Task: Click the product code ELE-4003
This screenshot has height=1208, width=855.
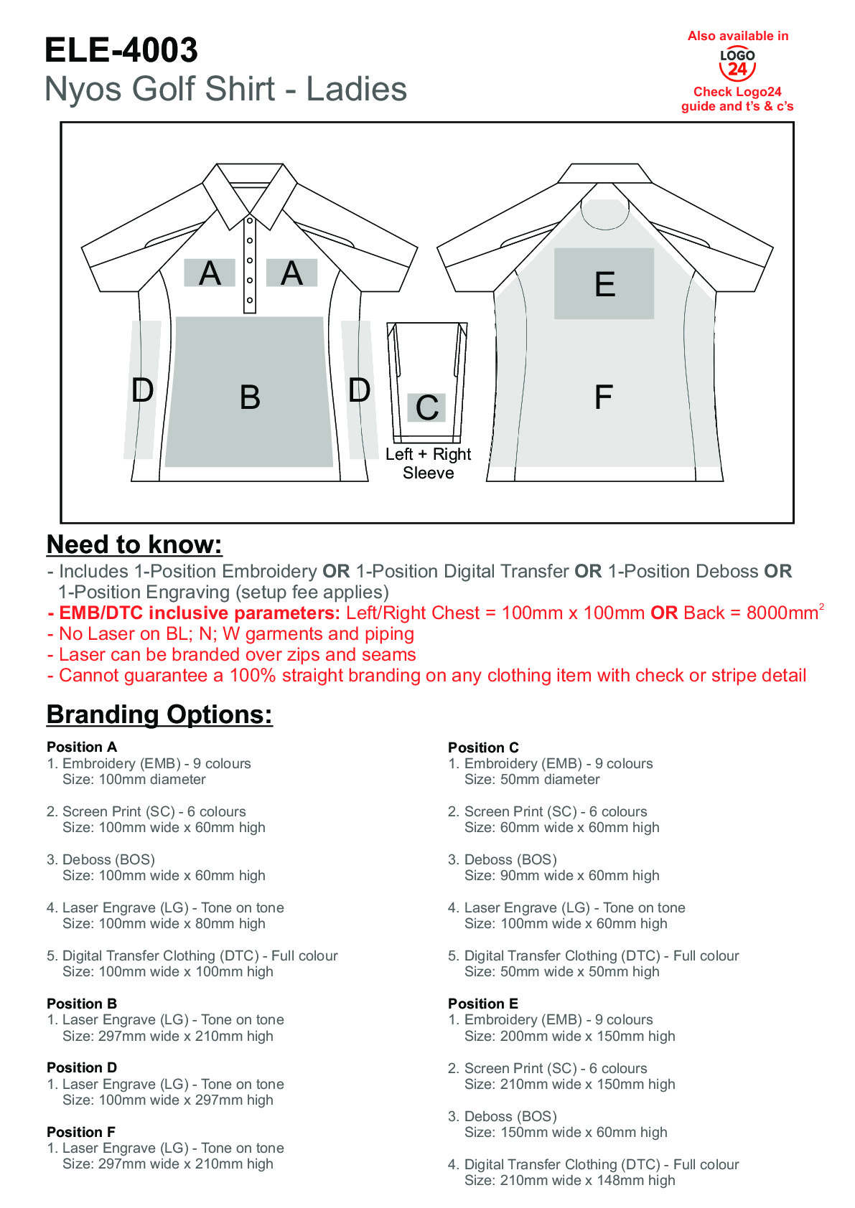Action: pos(121,50)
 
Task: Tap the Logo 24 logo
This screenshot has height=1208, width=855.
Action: pos(737,64)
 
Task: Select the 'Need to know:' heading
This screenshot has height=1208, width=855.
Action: pos(134,544)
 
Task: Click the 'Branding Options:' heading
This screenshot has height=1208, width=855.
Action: pos(159,714)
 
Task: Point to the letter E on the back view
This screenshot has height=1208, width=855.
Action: pos(604,284)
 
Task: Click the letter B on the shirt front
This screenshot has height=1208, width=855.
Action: pos(250,397)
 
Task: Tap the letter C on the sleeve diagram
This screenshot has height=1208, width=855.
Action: pos(427,408)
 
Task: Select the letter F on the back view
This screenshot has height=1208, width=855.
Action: pos(603,397)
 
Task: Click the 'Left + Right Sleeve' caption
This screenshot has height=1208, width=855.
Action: pos(428,463)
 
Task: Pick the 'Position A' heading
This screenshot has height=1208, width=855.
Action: pos(82,747)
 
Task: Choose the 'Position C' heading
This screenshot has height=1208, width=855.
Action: pos(483,747)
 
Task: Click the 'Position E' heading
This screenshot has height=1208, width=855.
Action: pos(483,1004)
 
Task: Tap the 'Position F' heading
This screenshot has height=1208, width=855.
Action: pos(81,1132)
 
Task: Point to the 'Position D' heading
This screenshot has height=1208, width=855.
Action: pos(82,1067)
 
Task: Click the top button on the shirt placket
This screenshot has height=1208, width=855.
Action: pos(250,221)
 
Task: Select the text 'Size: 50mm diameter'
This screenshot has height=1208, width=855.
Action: pos(532,779)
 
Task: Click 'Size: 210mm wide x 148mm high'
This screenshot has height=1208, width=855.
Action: pos(569,1180)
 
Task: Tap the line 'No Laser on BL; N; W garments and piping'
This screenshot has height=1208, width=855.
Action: pos(236,633)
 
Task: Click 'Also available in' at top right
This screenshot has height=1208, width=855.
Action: pos(738,36)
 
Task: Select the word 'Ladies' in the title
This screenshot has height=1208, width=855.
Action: pos(357,90)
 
